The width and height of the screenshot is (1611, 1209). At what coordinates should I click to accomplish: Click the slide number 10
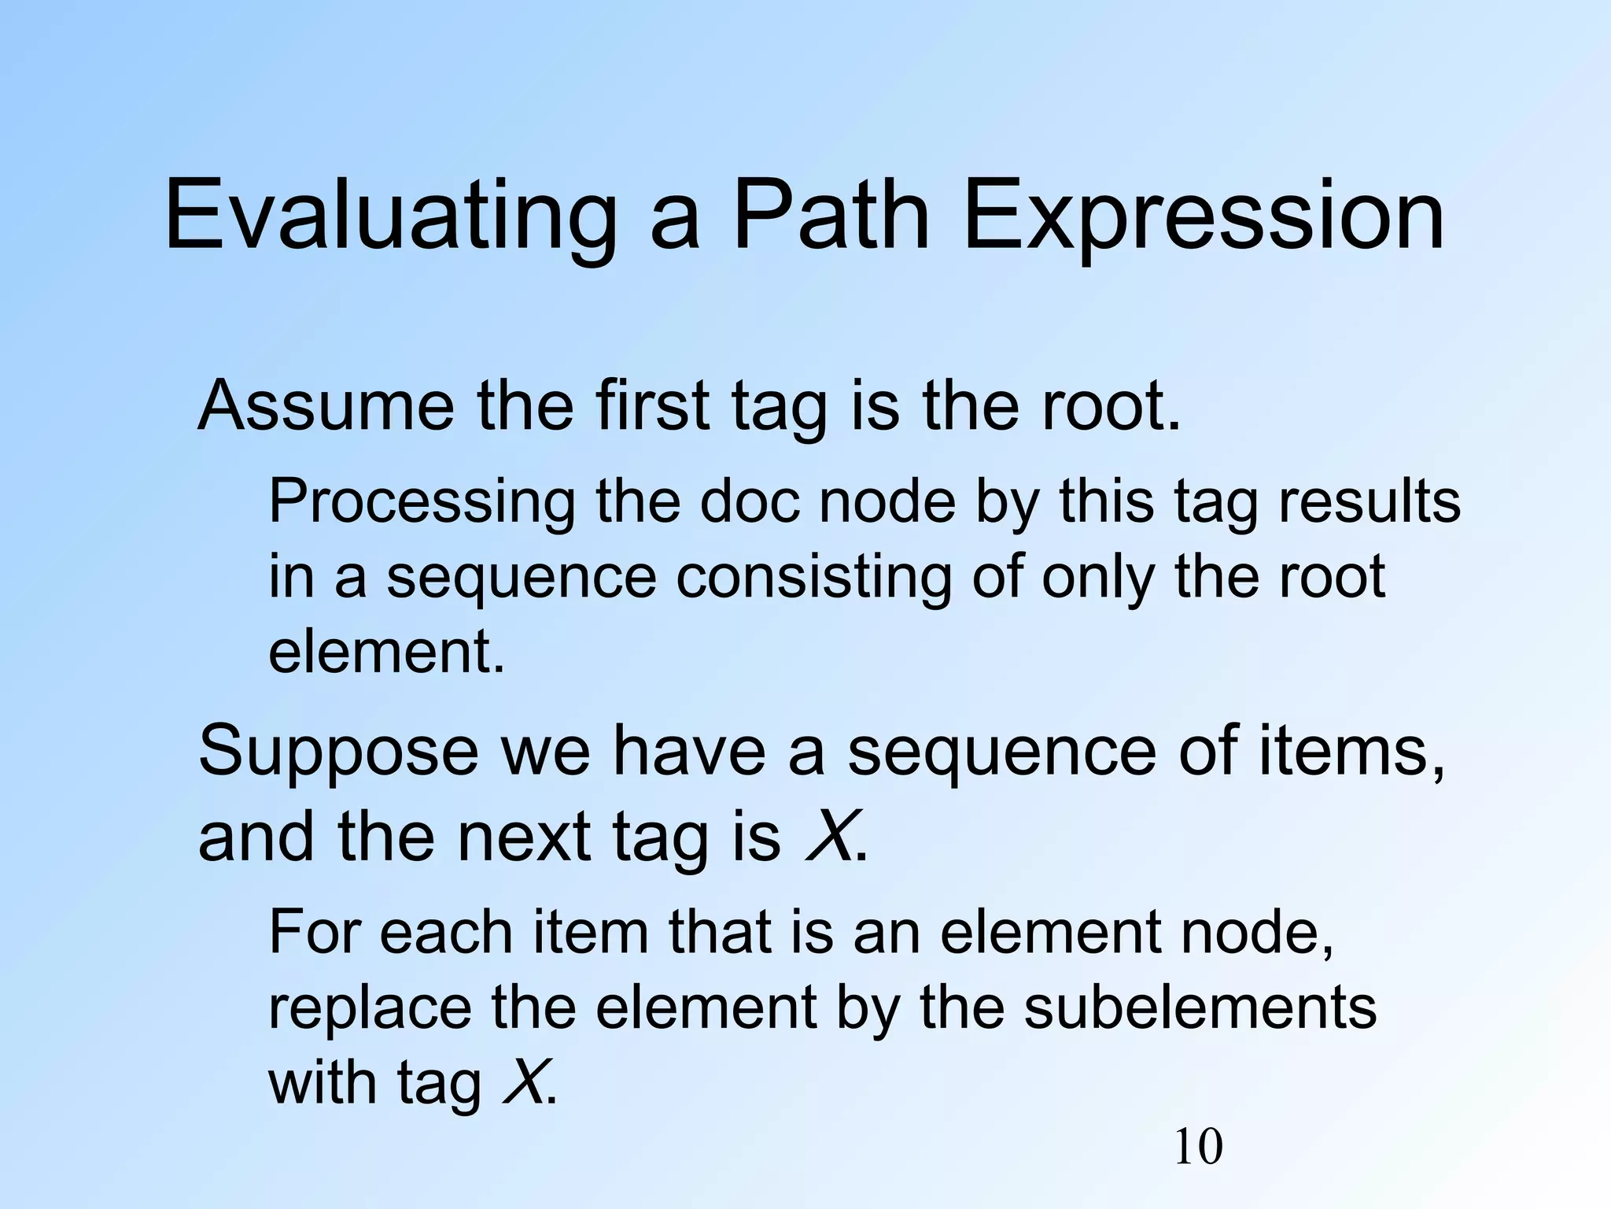(x=1198, y=1147)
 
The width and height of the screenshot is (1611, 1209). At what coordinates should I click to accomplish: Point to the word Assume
(x=326, y=406)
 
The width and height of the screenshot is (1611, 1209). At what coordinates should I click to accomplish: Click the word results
(x=1369, y=502)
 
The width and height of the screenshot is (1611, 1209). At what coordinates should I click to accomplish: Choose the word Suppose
(x=338, y=752)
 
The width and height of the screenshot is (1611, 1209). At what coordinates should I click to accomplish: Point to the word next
(x=524, y=837)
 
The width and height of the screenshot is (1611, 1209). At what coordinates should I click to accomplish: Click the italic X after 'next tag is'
(x=830, y=837)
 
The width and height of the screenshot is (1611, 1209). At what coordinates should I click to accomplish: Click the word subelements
(x=1200, y=1008)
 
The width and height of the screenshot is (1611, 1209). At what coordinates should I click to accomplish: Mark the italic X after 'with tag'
(x=522, y=1083)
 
